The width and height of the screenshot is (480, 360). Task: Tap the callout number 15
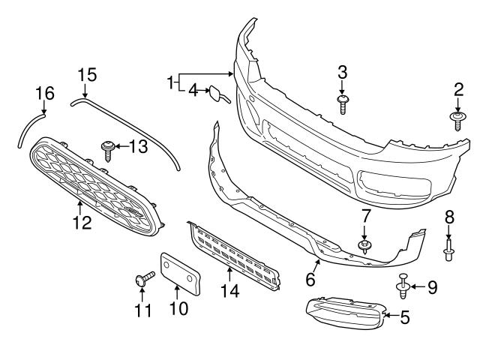(x=87, y=74)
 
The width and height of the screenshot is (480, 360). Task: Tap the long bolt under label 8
(x=448, y=248)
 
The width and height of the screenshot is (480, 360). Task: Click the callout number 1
(x=171, y=80)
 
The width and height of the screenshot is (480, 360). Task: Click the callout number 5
(x=404, y=318)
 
